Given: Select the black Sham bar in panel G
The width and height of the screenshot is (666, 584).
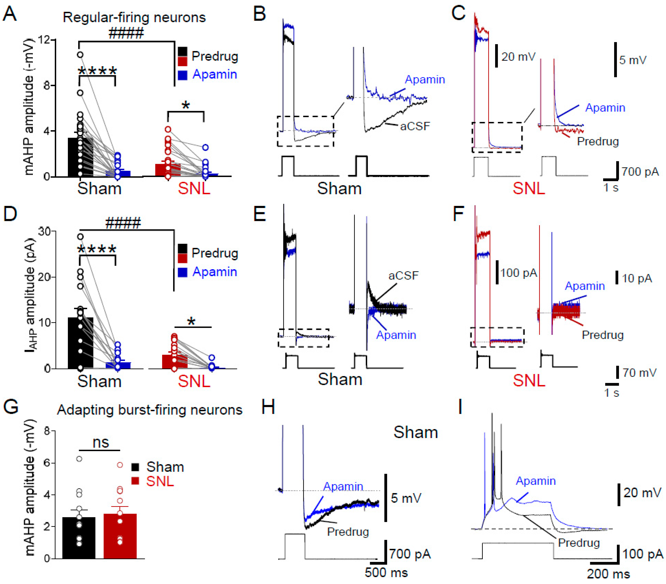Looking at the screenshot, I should pos(79,538).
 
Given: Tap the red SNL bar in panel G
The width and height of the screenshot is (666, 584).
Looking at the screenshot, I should pos(120,536).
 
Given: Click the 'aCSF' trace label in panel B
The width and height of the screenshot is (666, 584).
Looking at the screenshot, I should pos(415,126).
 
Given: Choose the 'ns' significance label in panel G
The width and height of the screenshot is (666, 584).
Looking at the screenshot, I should pos(101,443).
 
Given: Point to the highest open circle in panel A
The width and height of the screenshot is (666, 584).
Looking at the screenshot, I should pos(80,55).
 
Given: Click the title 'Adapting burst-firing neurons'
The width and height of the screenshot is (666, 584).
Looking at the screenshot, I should pos(150,410).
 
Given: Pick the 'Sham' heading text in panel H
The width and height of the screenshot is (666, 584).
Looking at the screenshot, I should pos(415,433).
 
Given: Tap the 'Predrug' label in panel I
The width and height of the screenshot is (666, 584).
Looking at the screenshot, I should pos(579,543).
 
